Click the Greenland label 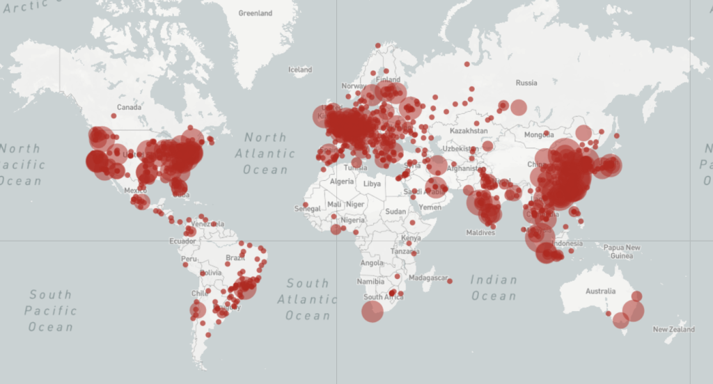tap(256, 13)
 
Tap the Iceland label tap(300, 70)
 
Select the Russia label tap(526, 83)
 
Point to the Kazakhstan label tap(469, 131)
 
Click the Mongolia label tap(539, 134)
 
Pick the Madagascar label tap(427, 278)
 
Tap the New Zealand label tap(674, 329)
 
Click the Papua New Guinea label tap(622, 251)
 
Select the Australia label tap(600, 291)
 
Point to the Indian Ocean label tap(494, 288)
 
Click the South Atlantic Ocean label tap(307, 299)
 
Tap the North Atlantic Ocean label tap(265, 154)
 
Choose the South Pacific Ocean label tap(51, 310)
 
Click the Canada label tap(129, 107)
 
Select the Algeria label tap(341, 182)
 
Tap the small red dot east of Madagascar tap(450, 281)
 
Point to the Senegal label tap(307, 209)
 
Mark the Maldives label tap(481, 232)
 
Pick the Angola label tap(372, 263)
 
